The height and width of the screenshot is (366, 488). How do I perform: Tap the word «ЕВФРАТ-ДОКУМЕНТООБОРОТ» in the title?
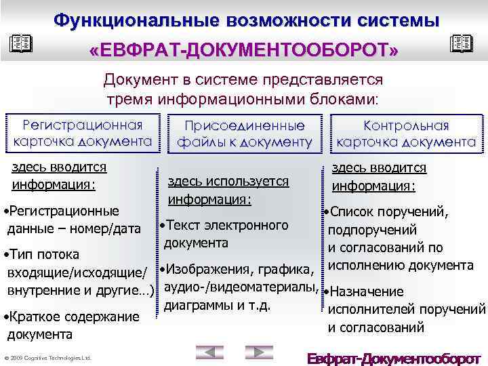point(243,51)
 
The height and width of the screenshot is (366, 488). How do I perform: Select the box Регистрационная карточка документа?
point(83,134)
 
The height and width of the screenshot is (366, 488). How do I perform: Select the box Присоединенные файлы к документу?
point(245,134)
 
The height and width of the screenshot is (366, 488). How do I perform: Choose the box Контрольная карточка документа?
point(406,134)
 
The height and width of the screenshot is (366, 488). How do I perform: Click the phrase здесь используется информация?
point(228,190)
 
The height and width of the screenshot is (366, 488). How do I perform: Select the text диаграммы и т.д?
point(218,304)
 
